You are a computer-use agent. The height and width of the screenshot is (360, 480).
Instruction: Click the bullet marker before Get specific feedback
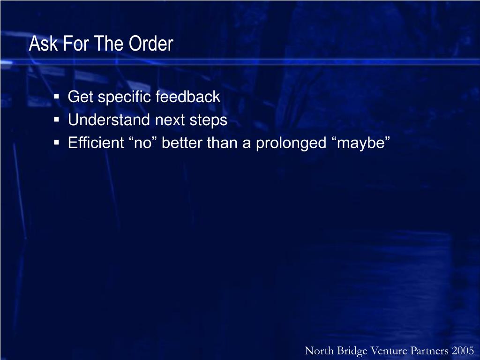tap(56, 97)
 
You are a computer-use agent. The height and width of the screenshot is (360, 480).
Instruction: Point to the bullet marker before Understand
tap(56, 120)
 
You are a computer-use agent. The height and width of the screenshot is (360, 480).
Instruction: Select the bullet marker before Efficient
tap(56, 142)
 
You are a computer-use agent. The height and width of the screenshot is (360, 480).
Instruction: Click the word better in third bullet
tap(184, 142)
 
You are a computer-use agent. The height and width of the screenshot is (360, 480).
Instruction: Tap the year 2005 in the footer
tap(464, 351)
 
